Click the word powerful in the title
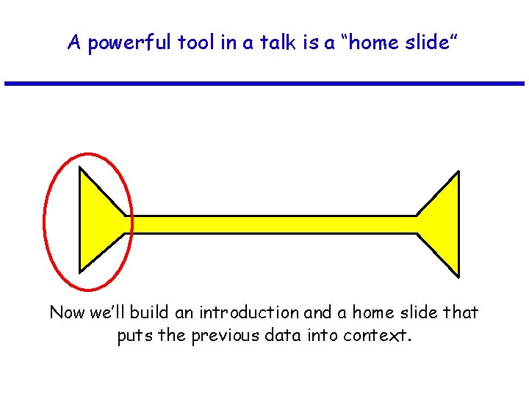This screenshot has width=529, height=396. tap(129, 43)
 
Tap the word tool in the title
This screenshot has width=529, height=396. tap(195, 43)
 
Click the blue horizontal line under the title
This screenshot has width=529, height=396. tap(264, 84)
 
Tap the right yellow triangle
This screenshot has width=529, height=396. tap(444, 224)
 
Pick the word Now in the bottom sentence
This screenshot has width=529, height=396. tap(67, 313)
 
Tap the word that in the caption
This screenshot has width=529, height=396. tap(461, 313)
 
